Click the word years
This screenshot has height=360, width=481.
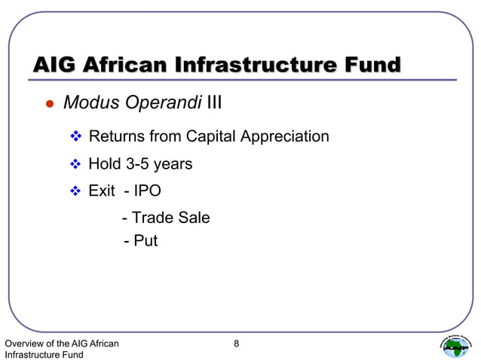coord(173,164)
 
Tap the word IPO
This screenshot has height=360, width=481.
coord(147,191)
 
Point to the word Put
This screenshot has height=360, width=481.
coord(146,241)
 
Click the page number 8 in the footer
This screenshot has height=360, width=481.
coord(236,344)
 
